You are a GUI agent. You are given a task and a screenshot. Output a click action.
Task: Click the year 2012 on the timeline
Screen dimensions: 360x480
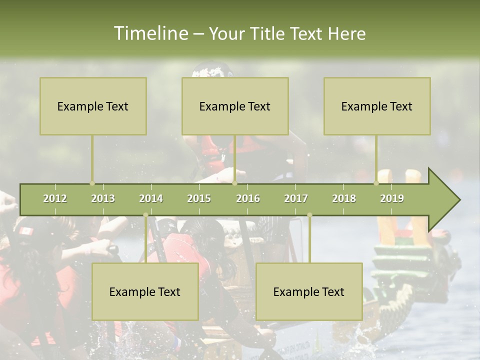(55, 198)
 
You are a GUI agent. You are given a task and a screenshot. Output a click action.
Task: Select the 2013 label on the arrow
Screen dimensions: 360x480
(103, 198)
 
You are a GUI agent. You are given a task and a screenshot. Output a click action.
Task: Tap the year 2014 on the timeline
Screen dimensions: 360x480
(151, 198)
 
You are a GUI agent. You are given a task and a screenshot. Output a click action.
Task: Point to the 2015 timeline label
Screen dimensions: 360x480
(199, 198)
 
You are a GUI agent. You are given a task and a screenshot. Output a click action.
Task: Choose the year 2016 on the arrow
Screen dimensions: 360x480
(248, 198)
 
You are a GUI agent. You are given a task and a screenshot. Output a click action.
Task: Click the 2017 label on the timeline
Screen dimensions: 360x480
(296, 198)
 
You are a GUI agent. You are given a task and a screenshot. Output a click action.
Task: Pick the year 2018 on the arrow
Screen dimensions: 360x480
(344, 198)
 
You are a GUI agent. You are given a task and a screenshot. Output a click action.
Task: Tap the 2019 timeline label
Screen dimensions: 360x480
(392, 198)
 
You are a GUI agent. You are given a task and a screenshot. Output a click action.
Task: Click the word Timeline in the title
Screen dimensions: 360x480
(149, 33)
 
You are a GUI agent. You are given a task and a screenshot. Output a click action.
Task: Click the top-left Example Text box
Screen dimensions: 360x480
(93, 106)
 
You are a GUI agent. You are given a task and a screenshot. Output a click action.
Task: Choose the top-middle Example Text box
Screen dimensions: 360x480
(235, 106)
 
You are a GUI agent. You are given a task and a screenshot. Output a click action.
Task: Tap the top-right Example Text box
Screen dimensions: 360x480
(377, 106)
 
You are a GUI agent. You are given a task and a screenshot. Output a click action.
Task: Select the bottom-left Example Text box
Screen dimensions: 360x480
(145, 291)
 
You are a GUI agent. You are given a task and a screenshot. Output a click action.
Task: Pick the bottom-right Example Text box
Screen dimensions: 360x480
(309, 291)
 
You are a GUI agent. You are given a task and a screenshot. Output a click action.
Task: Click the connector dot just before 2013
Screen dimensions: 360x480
(92, 183)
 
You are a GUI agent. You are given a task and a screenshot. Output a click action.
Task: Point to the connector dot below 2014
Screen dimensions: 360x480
(145, 215)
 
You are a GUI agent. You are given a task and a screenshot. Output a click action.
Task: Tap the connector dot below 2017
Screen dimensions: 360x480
(309, 215)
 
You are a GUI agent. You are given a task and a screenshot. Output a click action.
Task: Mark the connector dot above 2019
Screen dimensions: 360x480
(376, 183)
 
